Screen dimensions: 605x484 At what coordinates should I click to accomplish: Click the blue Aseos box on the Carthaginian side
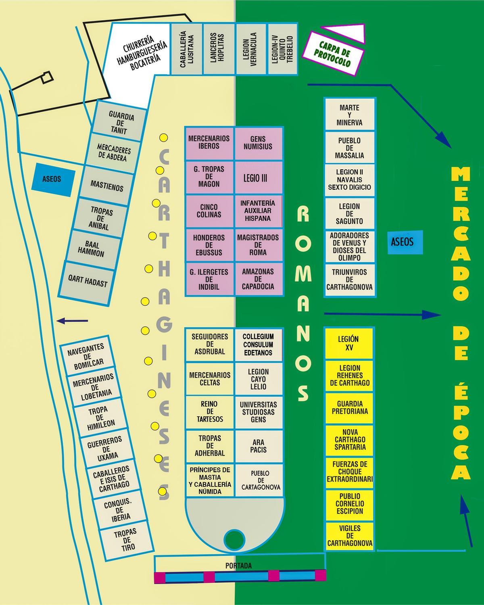point(52,178)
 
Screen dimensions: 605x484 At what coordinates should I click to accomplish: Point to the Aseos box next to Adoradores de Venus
point(402,242)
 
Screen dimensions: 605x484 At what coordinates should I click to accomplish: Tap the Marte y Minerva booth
point(350,115)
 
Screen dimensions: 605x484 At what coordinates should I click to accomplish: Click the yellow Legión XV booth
point(348,343)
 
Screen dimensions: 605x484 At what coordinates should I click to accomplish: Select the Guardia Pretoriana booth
point(350,407)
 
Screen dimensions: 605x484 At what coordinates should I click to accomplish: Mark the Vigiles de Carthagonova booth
point(350,536)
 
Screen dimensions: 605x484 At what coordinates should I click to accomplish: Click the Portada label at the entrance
point(238,566)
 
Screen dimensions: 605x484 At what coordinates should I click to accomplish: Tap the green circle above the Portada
point(234,538)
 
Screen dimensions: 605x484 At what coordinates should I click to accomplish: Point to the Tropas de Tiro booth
point(125,539)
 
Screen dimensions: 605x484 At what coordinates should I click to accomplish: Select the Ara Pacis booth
point(258,446)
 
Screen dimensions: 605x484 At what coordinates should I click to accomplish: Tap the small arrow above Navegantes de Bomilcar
point(73,321)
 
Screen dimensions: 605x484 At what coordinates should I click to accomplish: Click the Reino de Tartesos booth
point(209,411)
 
